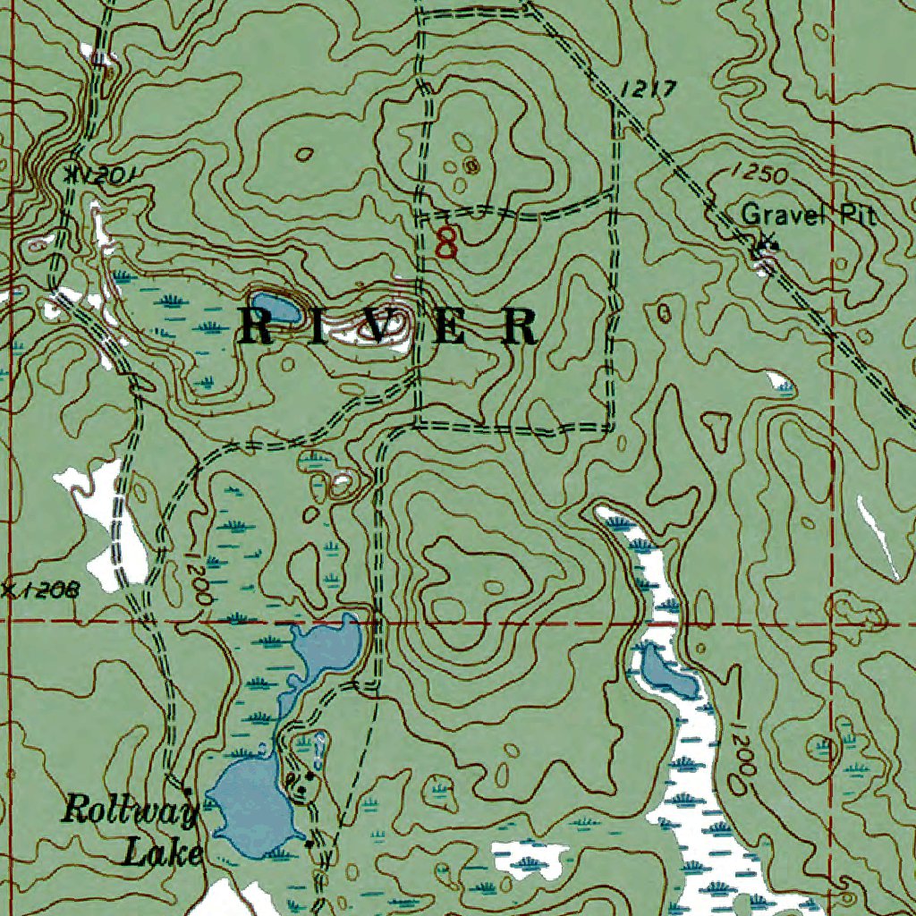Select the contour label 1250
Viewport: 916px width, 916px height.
click(x=758, y=174)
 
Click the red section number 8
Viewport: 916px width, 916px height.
click(x=446, y=242)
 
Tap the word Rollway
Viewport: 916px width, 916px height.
click(x=129, y=812)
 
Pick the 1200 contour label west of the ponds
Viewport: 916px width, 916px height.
click(x=199, y=581)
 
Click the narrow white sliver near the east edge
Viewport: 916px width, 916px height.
click(x=878, y=537)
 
